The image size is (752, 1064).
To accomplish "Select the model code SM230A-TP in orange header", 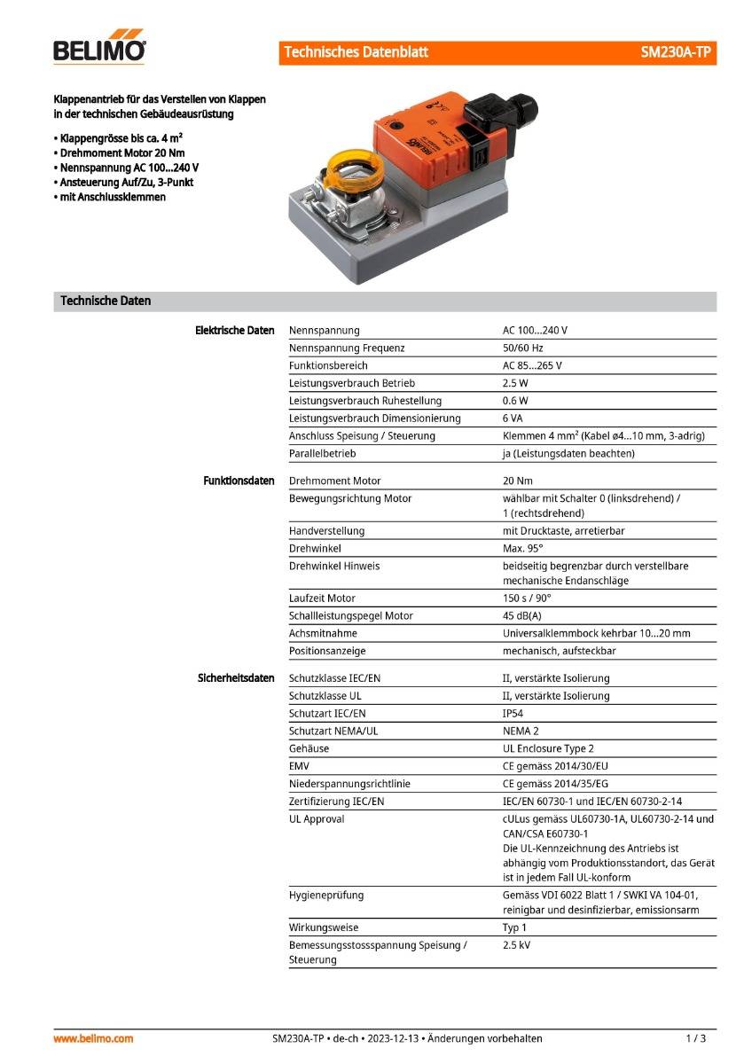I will (x=675, y=52).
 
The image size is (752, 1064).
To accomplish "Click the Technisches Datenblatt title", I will (x=356, y=52).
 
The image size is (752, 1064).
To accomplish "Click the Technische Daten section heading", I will (x=106, y=301).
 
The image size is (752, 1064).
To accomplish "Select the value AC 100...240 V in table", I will (x=535, y=330).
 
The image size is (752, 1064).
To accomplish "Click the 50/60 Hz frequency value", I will (x=522, y=348).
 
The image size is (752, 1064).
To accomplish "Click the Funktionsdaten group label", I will (x=239, y=481).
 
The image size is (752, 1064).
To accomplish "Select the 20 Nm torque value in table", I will (x=517, y=481).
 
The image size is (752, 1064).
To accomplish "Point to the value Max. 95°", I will (x=522, y=549).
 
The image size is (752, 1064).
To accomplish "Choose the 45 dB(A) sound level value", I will (x=521, y=616).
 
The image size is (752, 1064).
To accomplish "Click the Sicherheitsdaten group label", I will (x=236, y=678).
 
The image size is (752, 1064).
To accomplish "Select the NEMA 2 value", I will (x=521, y=731).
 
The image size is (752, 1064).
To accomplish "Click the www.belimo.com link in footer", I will (x=93, y=1038).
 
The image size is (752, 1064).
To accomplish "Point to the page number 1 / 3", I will (x=696, y=1038).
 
